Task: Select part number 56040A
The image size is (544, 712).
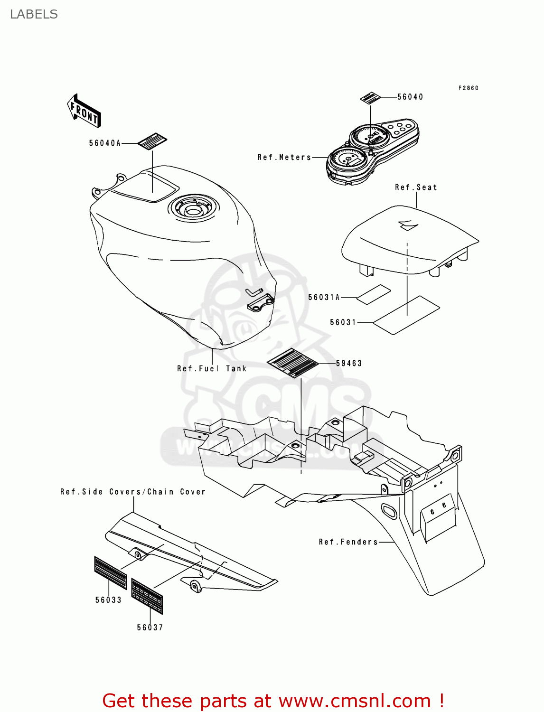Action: pyautogui.click(x=105, y=143)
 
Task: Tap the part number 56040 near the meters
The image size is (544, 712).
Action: pyautogui.click(x=410, y=97)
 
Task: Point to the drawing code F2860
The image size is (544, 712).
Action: pyautogui.click(x=468, y=88)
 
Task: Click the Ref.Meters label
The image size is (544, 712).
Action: pyautogui.click(x=284, y=157)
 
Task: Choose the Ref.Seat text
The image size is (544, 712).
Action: pyautogui.click(x=416, y=187)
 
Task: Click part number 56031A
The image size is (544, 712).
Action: pyautogui.click(x=324, y=297)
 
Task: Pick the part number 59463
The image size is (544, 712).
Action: pyautogui.click(x=349, y=363)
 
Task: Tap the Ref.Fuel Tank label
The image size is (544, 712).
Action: pyautogui.click(x=212, y=368)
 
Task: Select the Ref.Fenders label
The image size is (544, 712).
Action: pyautogui.click(x=348, y=542)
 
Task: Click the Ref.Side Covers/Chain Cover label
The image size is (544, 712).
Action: pyautogui.click(x=133, y=492)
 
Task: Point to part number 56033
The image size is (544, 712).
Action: pyautogui.click(x=108, y=600)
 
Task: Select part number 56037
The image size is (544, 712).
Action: pyautogui.click(x=150, y=628)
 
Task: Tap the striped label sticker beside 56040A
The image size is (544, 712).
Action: pyautogui.click(x=152, y=141)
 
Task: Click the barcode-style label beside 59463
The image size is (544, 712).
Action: pyautogui.click(x=292, y=363)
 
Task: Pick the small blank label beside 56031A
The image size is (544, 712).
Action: pyautogui.click(x=374, y=294)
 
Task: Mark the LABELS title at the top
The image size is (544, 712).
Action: pyautogui.click(x=34, y=14)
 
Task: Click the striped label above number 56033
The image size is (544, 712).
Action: pyautogui.click(x=111, y=572)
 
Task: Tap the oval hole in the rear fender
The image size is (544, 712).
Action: pyautogui.click(x=390, y=511)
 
